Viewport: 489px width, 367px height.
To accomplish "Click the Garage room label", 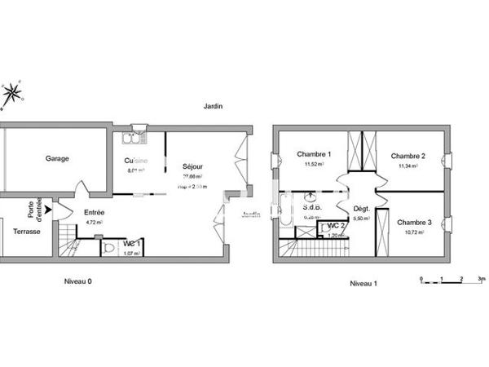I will point(56,158).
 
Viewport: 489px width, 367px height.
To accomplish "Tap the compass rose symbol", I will point(12,94).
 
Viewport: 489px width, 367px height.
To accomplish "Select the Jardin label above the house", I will point(214,107).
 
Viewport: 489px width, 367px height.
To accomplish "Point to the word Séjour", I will point(192,166).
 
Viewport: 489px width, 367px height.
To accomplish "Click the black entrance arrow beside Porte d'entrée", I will point(48,210).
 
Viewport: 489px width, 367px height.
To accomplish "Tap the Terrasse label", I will point(26,231).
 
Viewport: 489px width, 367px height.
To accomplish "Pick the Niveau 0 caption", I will point(78,281).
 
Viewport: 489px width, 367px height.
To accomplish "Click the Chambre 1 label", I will point(314,155).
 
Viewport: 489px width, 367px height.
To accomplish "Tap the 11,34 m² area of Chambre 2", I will point(407,166).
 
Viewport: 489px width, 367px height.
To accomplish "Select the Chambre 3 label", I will point(414,222).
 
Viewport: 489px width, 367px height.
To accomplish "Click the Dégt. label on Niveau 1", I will point(361,210).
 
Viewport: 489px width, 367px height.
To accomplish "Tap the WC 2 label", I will point(334,226).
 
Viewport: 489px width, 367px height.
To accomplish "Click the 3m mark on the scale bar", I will point(482,279).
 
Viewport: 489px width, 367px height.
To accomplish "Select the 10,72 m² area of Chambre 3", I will point(412,232).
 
